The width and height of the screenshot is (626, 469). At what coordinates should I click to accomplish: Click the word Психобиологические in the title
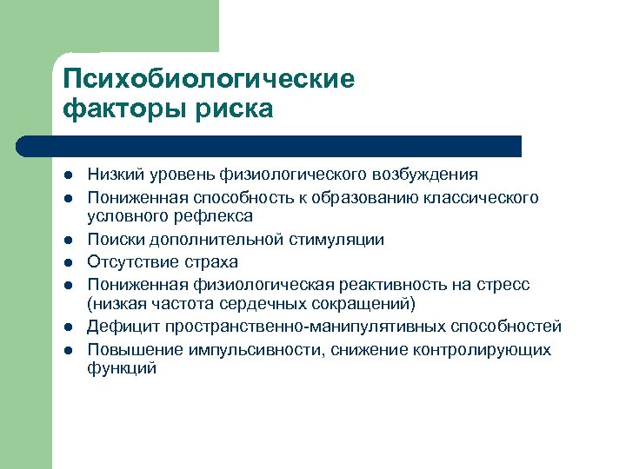[x=209, y=79]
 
